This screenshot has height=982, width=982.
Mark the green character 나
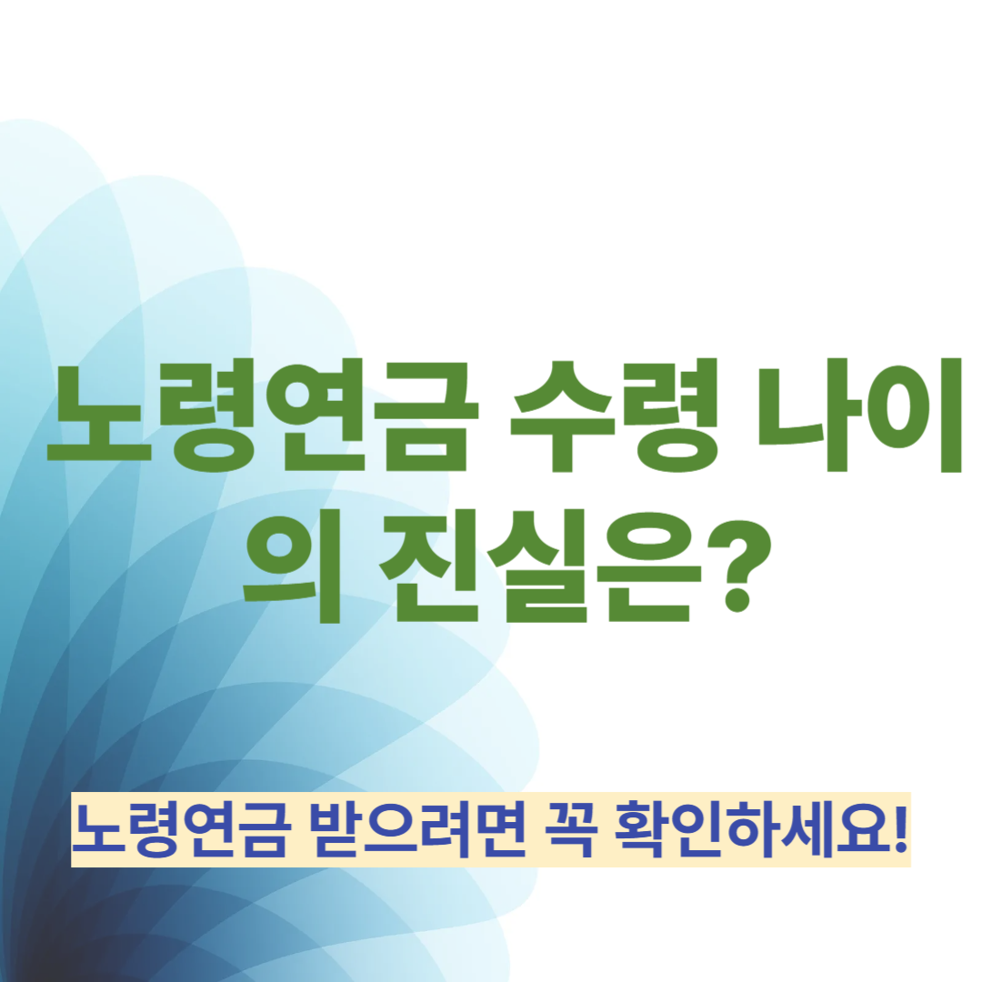(809, 417)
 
